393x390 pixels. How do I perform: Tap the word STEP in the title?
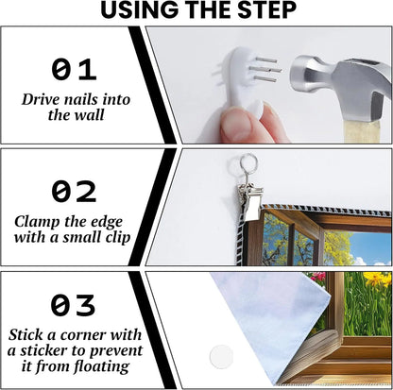(x=266, y=9)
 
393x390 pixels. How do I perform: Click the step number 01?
(x=74, y=69)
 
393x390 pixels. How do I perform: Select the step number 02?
(x=74, y=191)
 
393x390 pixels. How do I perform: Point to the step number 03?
(x=73, y=305)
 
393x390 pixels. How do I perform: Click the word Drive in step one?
(x=41, y=100)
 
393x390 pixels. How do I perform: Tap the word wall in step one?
(x=89, y=114)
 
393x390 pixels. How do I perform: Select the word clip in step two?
(x=118, y=237)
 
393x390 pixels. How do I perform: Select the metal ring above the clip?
(x=248, y=163)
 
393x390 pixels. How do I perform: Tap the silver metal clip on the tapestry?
(x=251, y=197)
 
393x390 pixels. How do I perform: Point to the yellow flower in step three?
(x=376, y=280)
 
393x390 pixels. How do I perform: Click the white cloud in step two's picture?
(x=363, y=262)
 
